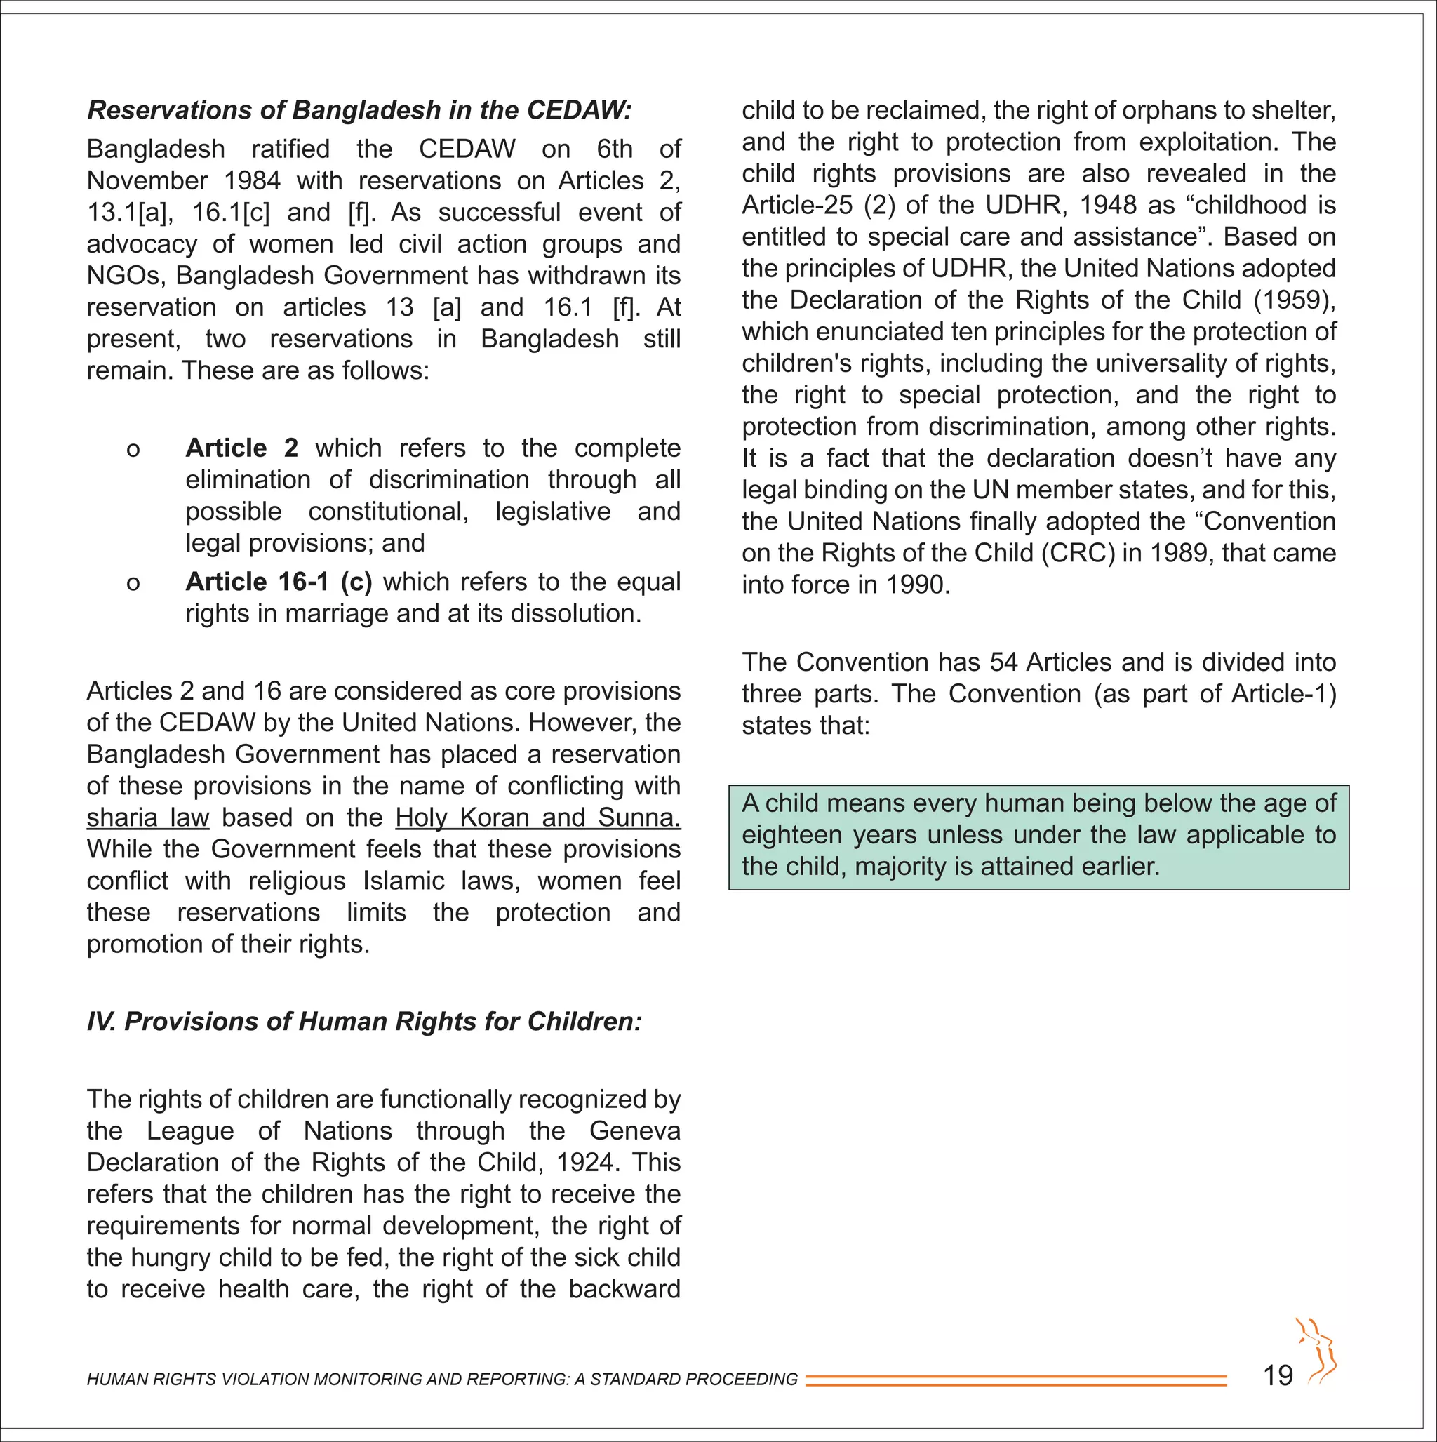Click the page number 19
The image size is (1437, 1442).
tap(1277, 1375)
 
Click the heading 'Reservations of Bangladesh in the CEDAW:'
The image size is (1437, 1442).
tap(359, 109)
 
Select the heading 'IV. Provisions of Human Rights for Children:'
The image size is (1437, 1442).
tap(364, 1021)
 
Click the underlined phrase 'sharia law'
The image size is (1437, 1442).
tap(148, 817)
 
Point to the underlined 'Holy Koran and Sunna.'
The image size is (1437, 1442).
tap(537, 817)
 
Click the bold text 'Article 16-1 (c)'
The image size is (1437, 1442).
tap(279, 582)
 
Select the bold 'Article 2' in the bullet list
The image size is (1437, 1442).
tap(242, 448)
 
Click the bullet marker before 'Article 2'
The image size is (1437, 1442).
tap(133, 449)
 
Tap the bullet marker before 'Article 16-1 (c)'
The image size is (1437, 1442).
tap(133, 583)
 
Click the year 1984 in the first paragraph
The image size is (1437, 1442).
tap(253, 180)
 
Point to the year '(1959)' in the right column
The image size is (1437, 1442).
tap(1294, 300)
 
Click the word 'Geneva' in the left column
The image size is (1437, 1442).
tap(634, 1130)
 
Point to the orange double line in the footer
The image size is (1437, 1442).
tap(1015, 1380)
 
